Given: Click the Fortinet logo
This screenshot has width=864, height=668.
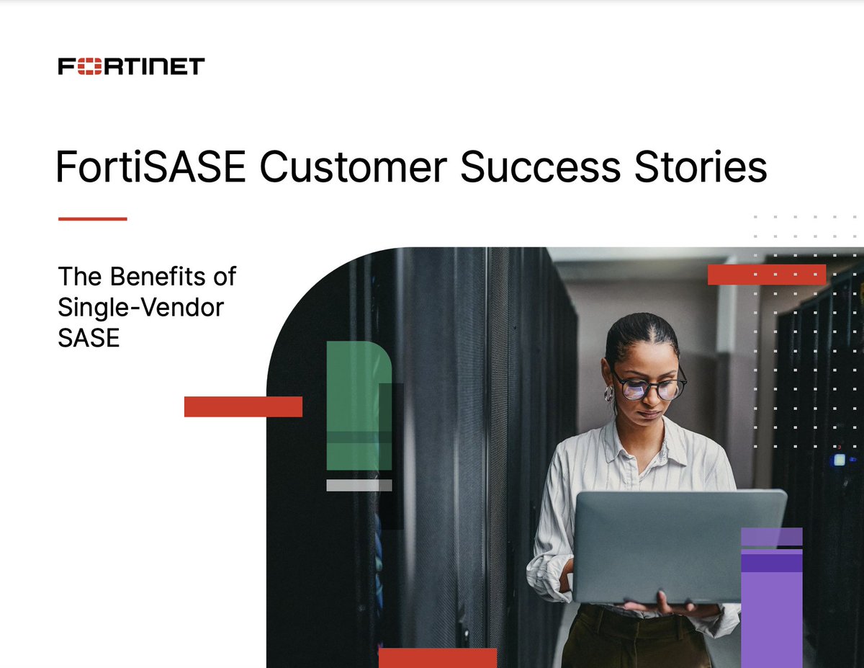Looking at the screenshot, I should pyautogui.click(x=131, y=67).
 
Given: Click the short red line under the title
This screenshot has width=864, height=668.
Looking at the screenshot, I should pyautogui.click(x=92, y=218).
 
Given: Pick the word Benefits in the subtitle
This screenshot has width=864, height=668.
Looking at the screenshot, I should pyautogui.click(x=157, y=276).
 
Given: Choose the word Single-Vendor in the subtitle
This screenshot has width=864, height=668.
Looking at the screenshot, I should pyautogui.click(x=140, y=307).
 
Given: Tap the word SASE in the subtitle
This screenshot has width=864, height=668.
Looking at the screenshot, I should pyautogui.click(x=88, y=338).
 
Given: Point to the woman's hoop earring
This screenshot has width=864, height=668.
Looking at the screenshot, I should pyautogui.click(x=609, y=393).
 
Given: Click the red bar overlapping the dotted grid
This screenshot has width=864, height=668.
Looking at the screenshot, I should pyautogui.click(x=766, y=275).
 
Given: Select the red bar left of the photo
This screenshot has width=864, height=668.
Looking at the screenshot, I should pyautogui.click(x=243, y=406).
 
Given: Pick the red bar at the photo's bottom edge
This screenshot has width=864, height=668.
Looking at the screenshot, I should pyautogui.click(x=437, y=657).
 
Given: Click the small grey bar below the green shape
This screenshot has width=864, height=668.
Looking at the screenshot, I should pyautogui.click(x=359, y=486).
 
